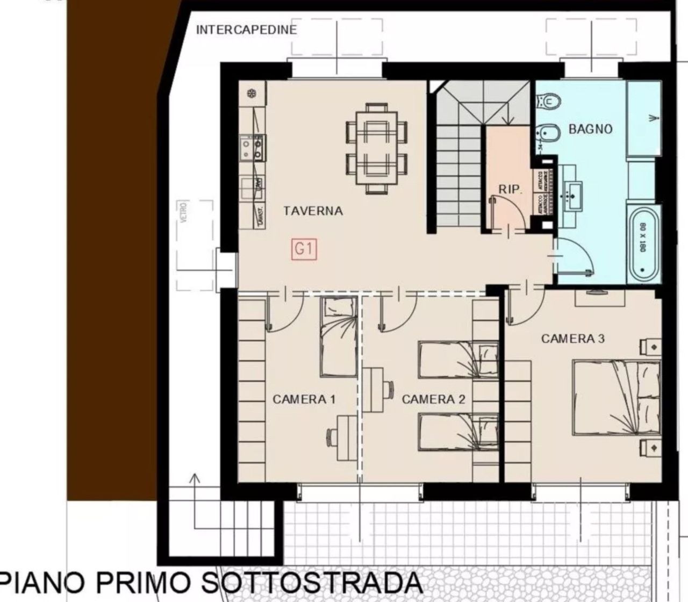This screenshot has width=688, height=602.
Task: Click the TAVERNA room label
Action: click(x=313, y=211)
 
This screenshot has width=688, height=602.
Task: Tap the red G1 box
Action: click(x=304, y=249)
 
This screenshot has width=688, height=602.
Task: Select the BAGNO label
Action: click(x=590, y=129)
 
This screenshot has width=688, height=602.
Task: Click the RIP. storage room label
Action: click(x=510, y=189)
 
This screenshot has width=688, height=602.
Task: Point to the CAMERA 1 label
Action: click(x=304, y=399)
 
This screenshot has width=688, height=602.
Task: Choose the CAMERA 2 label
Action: click(x=433, y=399)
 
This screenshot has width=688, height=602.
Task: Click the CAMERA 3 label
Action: click(x=572, y=339)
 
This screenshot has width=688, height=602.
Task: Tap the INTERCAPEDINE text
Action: click(x=246, y=30)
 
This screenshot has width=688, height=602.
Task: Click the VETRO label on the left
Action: click(x=184, y=213)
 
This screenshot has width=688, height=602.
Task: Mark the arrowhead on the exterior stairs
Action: click(x=195, y=478)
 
